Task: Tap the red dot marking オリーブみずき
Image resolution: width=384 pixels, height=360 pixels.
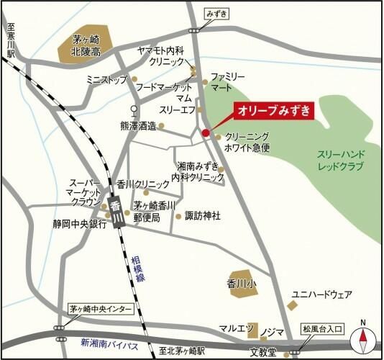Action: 206,132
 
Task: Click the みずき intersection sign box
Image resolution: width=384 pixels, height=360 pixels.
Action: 216,14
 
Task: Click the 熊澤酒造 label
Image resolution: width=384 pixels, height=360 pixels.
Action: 139,125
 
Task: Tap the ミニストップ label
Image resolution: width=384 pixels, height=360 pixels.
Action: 106,78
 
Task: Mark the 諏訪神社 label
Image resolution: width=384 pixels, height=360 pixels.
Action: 203,215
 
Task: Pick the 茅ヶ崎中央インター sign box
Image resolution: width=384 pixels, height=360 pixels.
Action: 101,308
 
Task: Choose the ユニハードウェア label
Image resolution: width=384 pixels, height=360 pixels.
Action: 321,294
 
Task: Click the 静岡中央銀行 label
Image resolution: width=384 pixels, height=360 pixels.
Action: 80,223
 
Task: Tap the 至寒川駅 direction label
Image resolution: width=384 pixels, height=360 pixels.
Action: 10,40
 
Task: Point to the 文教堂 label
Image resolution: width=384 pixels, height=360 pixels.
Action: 263,352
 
